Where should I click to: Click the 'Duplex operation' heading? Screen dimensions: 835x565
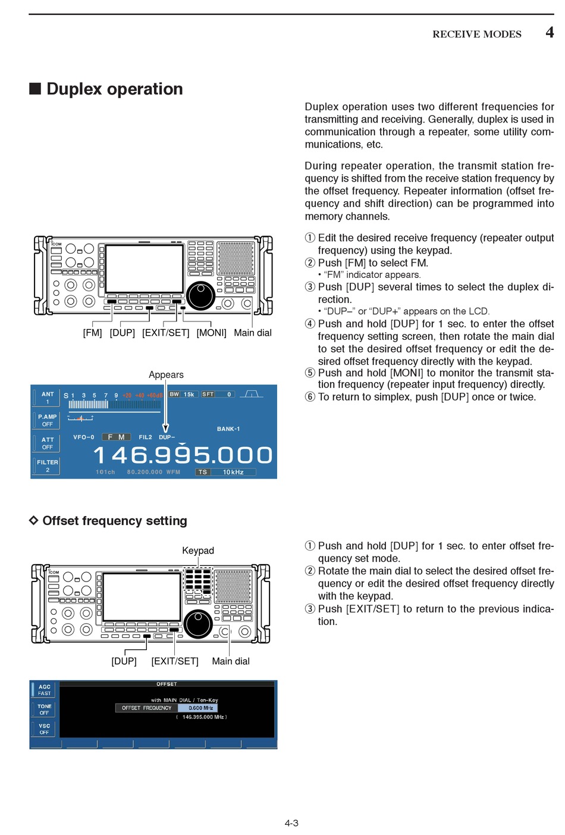coord(114,89)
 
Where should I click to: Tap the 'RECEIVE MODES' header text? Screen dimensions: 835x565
coord(476,35)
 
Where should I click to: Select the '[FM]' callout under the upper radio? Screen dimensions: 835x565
coord(92,333)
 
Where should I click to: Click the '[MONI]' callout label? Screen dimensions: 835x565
coord(211,333)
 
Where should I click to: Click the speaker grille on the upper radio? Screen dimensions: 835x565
coord(236,258)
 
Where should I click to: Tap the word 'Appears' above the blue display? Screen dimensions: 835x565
coord(166,375)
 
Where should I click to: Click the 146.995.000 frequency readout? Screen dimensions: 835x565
coord(183,455)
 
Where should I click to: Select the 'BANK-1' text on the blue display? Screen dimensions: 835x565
coord(228,429)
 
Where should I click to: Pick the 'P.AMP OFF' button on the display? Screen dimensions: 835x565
coord(47,420)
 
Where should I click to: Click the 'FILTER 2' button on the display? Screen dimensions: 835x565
coord(47,466)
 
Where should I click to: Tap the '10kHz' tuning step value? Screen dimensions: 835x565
coord(233,473)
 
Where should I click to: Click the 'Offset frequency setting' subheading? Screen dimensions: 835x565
coord(114,521)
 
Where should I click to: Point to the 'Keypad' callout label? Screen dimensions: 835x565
coord(198,551)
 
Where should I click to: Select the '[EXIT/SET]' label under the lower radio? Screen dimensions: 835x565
coord(175,661)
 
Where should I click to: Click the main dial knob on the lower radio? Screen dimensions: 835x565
coord(198,623)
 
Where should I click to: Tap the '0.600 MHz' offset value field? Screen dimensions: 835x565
coord(198,708)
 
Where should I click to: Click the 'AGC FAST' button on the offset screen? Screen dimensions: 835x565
coord(45,690)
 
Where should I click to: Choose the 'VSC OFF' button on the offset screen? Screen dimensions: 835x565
coord(45,729)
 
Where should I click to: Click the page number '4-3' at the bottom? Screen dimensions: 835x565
coord(291,823)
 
